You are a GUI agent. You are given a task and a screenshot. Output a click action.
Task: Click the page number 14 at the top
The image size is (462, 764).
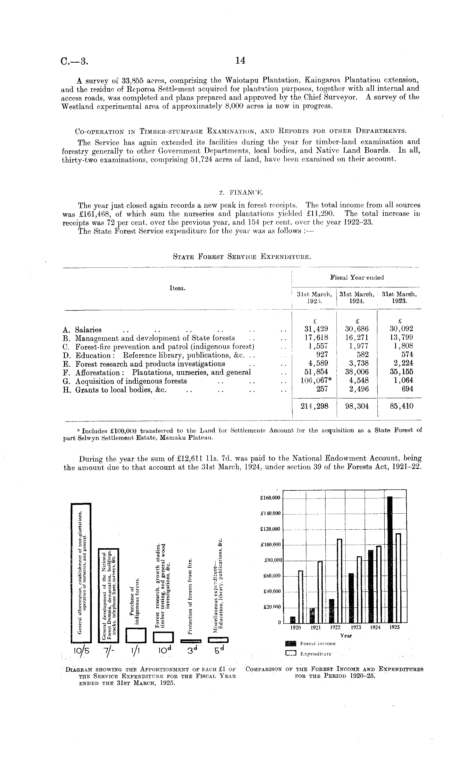click(240, 61)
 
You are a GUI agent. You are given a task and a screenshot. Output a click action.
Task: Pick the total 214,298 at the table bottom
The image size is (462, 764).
click(314, 406)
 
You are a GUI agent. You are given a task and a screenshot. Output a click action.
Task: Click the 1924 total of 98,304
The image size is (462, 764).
click(357, 406)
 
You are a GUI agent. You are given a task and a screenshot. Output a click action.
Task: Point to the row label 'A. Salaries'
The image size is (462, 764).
click(83, 330)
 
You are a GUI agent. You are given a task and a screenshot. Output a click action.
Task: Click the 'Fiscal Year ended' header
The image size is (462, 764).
click(357, 278)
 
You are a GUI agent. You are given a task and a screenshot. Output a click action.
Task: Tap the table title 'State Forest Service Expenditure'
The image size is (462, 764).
click(241, 257)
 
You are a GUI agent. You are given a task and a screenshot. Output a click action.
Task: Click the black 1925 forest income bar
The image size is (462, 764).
click(390, 558)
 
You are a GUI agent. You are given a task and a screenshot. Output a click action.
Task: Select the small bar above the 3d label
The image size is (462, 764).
click(191, 641)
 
